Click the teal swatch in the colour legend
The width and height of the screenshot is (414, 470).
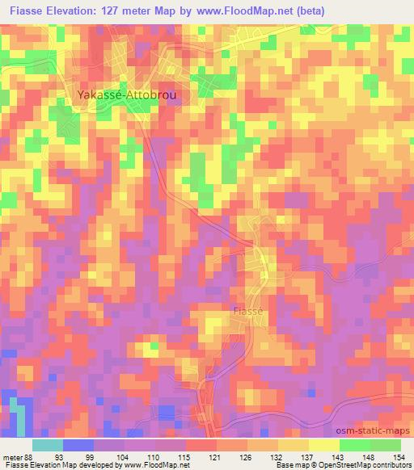(x=48, y=444)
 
